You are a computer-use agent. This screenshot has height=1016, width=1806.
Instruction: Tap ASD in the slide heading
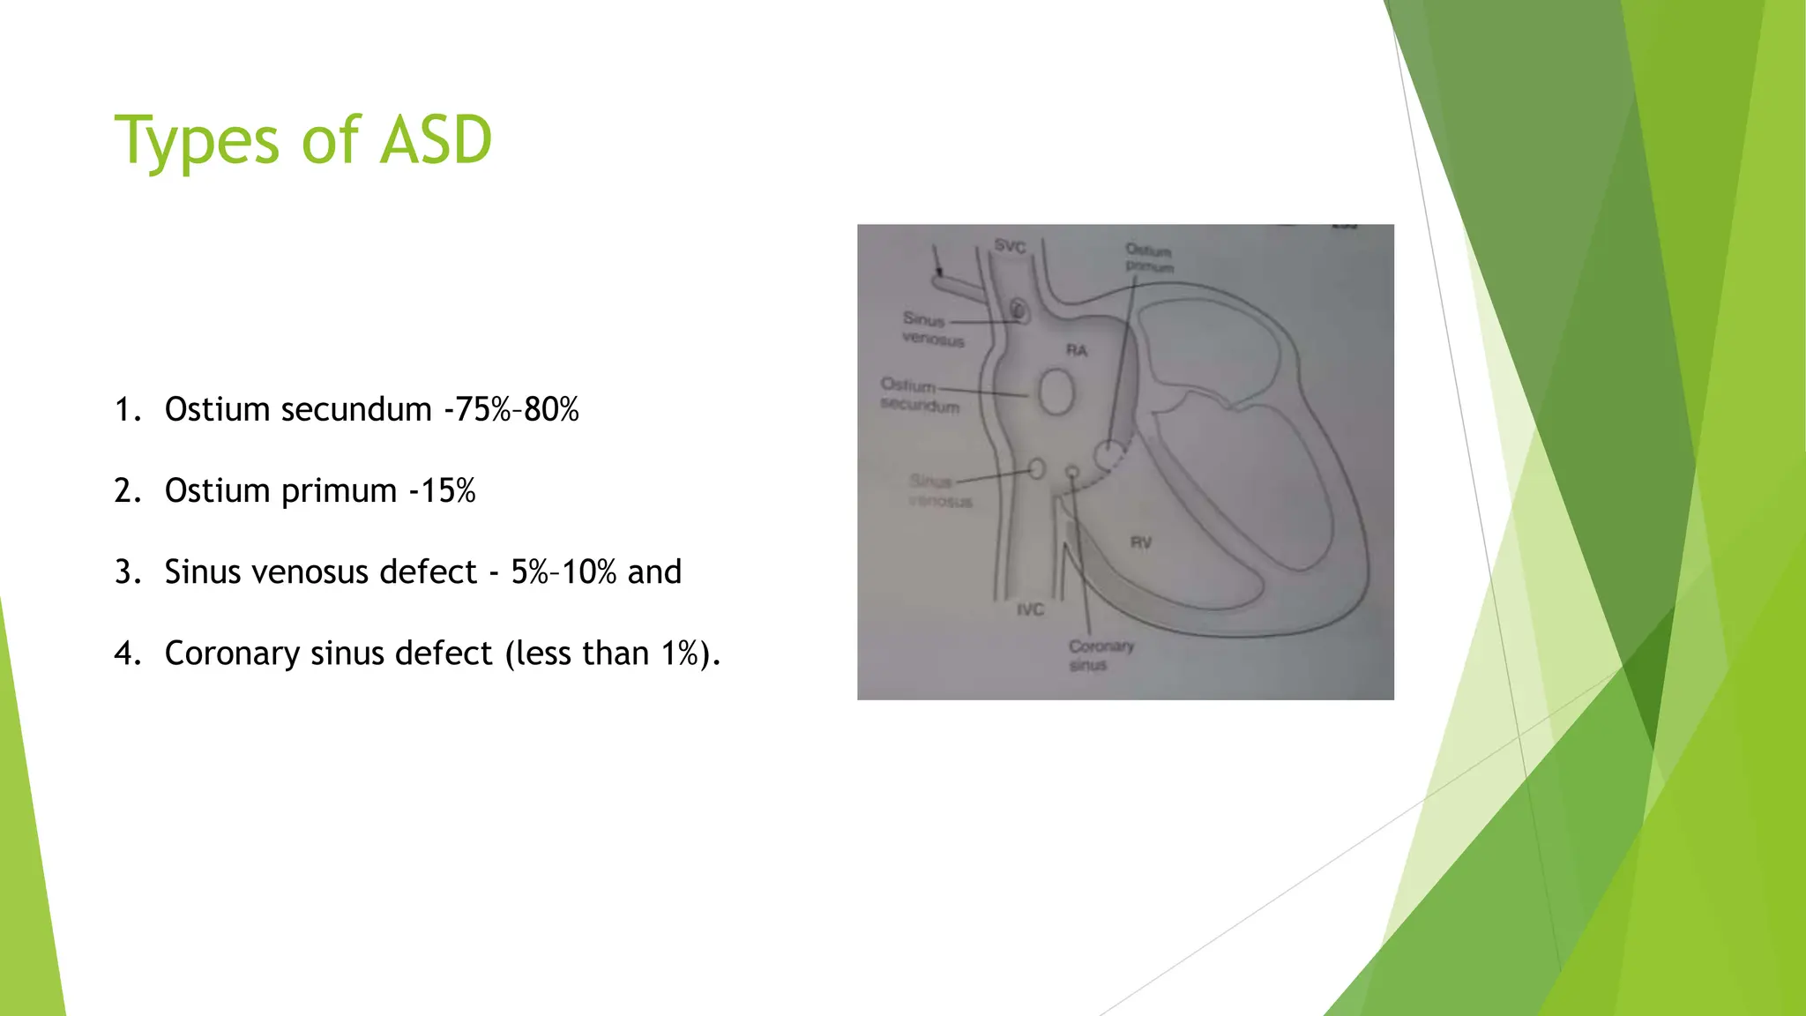(436, 141)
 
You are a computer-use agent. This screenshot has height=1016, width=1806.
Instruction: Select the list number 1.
(127, 410)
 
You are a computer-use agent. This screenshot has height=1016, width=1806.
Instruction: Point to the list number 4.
(127, 654)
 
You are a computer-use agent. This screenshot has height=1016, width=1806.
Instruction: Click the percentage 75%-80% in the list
(517, 410)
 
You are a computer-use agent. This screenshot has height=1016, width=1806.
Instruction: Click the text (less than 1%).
(613, 654)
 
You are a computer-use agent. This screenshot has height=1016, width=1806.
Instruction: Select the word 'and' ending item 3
(654, 572)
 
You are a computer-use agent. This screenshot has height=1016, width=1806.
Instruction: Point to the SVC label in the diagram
(1010, 246)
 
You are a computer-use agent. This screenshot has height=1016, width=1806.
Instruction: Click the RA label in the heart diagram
(1077, 350)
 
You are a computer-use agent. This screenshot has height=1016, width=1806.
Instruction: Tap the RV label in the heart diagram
(1141, 542)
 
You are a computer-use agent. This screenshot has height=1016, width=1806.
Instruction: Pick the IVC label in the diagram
(1030, 609)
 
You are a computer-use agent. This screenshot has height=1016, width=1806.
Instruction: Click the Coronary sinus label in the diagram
(1100, 655)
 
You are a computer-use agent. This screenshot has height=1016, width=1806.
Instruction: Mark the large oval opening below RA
(1056, 392)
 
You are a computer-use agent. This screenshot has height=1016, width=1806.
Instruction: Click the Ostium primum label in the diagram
(1149, 258)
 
